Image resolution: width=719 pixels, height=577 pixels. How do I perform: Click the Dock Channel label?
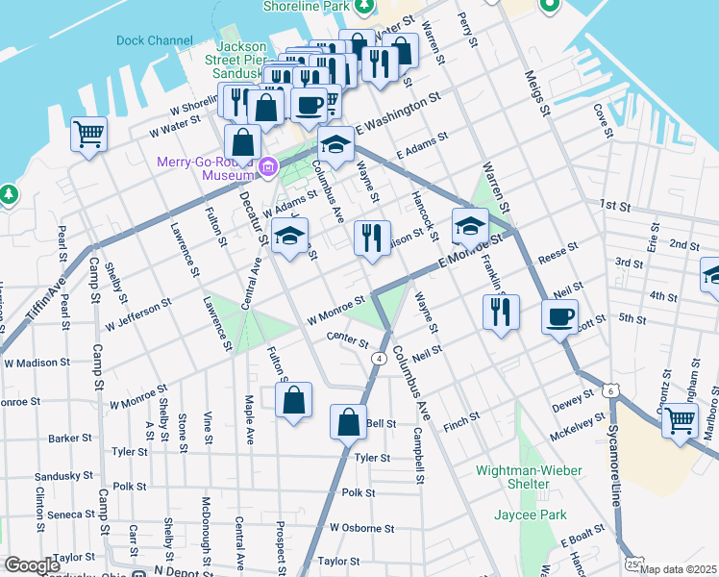[154, 40]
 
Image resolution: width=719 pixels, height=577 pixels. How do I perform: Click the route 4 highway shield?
[379, 359]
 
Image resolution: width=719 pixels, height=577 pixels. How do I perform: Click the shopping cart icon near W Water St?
[89, 134]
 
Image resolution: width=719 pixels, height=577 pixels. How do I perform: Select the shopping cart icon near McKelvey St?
[680, 419]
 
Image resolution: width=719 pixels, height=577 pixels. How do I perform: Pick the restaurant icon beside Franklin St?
[500, 312]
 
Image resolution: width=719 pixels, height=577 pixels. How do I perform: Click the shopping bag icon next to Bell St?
[348, 421]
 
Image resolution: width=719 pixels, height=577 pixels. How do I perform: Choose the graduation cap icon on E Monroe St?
[469, 226]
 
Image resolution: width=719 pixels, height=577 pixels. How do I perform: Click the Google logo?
[32, 565]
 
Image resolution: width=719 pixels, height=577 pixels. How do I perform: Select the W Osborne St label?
[361, 528]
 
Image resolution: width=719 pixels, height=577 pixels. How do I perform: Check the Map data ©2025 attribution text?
[678, 569]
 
